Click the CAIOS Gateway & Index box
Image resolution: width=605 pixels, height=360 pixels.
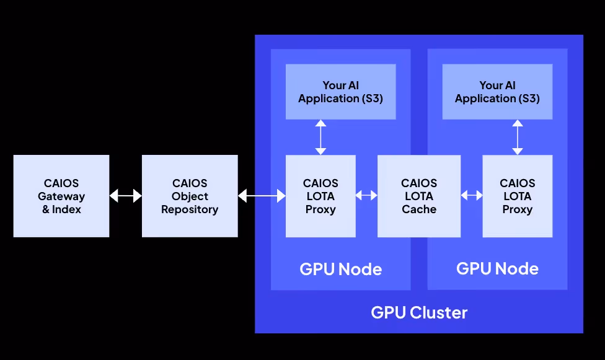61,196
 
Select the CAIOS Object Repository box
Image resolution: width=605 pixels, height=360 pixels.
190,196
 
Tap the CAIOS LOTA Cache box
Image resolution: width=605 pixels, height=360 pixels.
419,196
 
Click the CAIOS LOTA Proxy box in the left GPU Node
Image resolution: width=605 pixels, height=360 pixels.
320,196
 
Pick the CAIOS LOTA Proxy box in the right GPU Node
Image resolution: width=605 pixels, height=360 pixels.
518,196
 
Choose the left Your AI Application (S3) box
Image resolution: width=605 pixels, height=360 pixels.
341,92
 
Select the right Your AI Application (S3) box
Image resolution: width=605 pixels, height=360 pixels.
497,92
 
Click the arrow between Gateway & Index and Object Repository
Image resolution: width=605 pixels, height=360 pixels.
126,196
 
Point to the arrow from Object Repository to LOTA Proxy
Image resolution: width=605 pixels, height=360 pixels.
262,196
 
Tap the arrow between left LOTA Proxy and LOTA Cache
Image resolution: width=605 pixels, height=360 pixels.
366,196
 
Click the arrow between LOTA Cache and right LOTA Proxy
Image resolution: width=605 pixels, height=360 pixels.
472,196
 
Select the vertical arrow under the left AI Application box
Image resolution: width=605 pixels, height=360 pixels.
320,138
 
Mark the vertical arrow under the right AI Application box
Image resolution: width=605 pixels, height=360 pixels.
518,138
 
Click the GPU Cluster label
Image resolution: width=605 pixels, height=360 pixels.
419,312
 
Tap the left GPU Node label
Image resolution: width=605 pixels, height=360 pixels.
341,269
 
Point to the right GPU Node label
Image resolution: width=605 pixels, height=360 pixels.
497,268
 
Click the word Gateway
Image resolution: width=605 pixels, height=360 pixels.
61,196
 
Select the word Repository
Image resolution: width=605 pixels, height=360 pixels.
190,209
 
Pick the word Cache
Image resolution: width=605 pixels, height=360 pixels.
419,209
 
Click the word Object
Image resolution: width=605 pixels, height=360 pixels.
190,196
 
